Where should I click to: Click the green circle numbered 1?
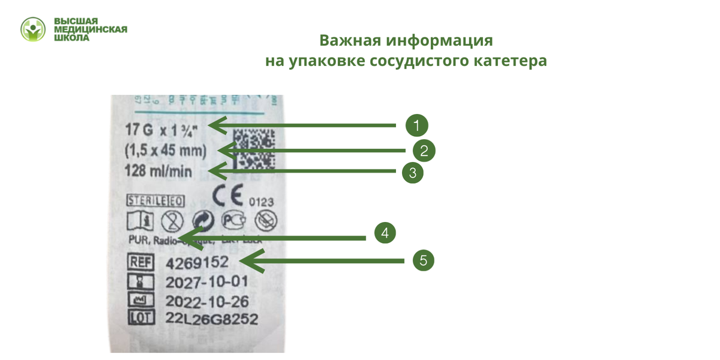pos(416,125)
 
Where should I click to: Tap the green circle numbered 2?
pos(424,150)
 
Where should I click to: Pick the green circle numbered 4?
pos(385,233)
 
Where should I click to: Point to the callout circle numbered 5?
pos(423,260)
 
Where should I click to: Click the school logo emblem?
pos(33,29)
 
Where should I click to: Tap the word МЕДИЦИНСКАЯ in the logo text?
pos(91,29)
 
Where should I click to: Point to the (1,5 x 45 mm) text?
pos(166,150)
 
